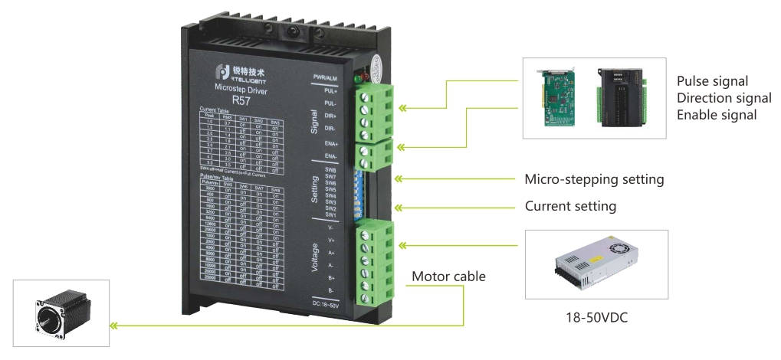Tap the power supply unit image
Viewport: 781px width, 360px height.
click(x=596, y=263)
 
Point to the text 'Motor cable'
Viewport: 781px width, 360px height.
click(x=448, y=277)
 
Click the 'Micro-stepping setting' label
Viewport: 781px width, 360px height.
click(x=594, y=180)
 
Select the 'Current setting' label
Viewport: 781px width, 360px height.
click(x=570, y=207)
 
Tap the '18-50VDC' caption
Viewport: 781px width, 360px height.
click(x=596, y=316)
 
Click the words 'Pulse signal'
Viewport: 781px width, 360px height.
click(x=712, y=81)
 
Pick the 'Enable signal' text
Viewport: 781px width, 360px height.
click(x=717, y=115)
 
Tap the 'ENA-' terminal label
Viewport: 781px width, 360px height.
click(x=331, y=156)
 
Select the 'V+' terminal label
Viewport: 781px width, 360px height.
click(x=331, y=240)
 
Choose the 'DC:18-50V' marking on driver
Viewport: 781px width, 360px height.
click(x=329, y=305)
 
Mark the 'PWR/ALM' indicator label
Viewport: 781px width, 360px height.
click(x=327, y=77)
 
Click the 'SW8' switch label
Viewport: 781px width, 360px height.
click(x=331, y=169)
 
